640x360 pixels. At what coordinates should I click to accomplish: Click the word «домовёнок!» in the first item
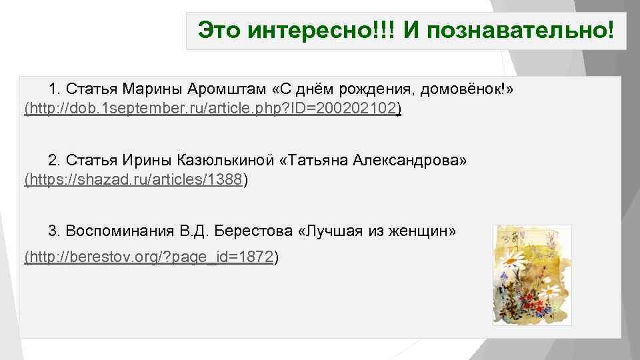[x=467, y=89]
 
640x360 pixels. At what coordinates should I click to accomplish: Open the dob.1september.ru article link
[x=211, y=108]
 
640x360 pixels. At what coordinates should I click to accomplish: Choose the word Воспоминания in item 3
[x=120, y=231]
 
